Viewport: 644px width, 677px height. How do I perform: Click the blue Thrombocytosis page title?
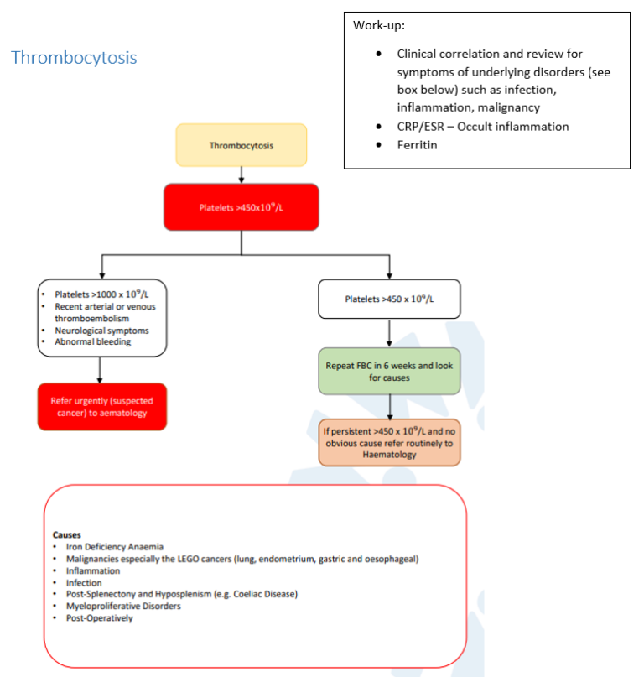(x=74, y=58)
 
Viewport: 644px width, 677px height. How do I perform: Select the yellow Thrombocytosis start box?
(x=241, y=145)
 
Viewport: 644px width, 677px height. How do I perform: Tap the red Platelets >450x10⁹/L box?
(x=241, y=206)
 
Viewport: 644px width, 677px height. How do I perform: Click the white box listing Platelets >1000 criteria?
(x=101, y=317)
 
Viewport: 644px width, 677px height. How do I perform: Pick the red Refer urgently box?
(x=101, y=407)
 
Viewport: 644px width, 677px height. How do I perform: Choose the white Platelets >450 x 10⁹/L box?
(x=389, y=299)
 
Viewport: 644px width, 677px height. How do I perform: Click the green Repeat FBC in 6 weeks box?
(x=389, y=372)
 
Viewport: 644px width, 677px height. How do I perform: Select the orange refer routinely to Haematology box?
(x=389, y=442)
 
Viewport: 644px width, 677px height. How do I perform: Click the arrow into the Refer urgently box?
(x=101, y=369)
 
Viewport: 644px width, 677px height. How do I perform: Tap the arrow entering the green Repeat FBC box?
(x=389, y=333)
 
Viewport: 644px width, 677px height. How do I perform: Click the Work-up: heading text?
(x=379, y=25)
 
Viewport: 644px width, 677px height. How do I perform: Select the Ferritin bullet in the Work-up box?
(x=417, y=144)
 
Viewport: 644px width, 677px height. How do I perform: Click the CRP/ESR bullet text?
(x=482, y=126)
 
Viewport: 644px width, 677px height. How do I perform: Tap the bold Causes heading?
(x=67, y=534)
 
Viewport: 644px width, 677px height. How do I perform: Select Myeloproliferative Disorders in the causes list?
(x=123, y=606)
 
